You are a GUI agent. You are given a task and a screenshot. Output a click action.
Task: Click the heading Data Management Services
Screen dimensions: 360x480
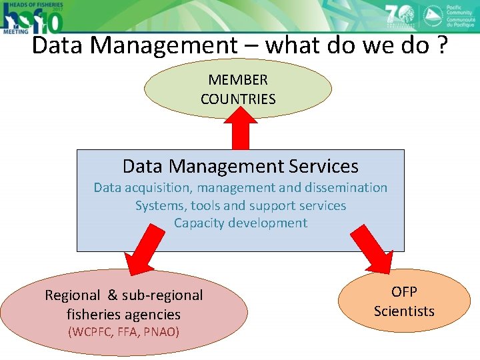click(x=240, y=166)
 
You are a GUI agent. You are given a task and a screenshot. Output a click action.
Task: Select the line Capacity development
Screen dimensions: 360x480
click(x=240, y=223)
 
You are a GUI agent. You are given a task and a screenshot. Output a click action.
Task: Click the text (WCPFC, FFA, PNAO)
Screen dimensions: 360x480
click(x=123, y=331)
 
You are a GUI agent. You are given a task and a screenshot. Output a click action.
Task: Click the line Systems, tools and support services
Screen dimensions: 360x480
click(x=240, y=205)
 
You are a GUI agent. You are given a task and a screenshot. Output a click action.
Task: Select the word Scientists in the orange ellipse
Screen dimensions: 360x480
click(x=404, y=311)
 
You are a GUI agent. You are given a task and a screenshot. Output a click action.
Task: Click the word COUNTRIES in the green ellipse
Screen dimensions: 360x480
click(x=238, y=99)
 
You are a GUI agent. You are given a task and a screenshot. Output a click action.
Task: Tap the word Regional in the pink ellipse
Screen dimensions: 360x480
click(x=72, y=295)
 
